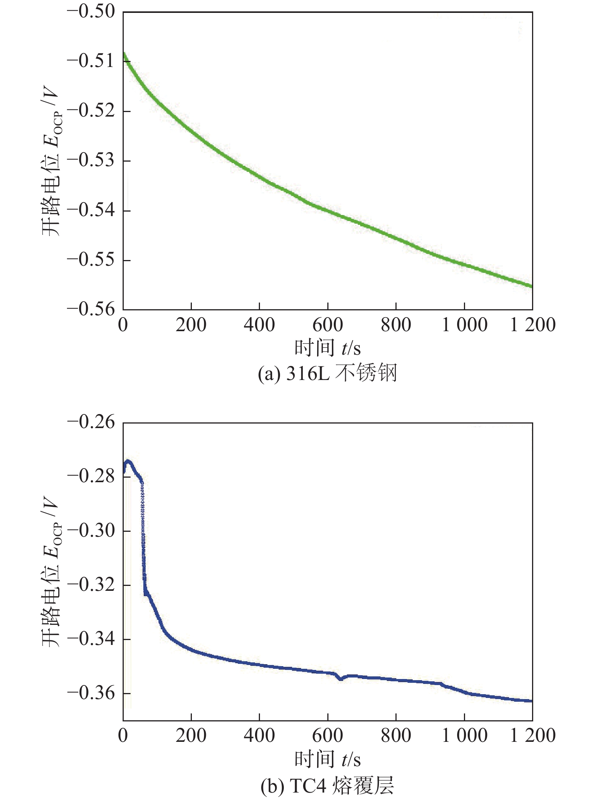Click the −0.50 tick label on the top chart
[x=91, y=12]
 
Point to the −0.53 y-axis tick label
[x=91, y=160]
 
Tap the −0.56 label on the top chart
[x=91, y=309]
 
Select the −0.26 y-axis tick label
[x=91, y=422]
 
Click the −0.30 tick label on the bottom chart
[x=91, y=531]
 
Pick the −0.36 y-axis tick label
[x=91, y=693]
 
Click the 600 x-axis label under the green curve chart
[x=328, y=325]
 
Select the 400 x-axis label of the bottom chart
[x=259, y=736]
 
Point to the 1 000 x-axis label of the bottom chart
[x=464, y=736]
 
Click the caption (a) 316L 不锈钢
[x=327, y=374]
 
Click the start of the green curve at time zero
[x=124, y=54]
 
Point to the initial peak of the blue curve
[x=128, y=461]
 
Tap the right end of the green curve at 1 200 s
[x=531, y=286]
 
